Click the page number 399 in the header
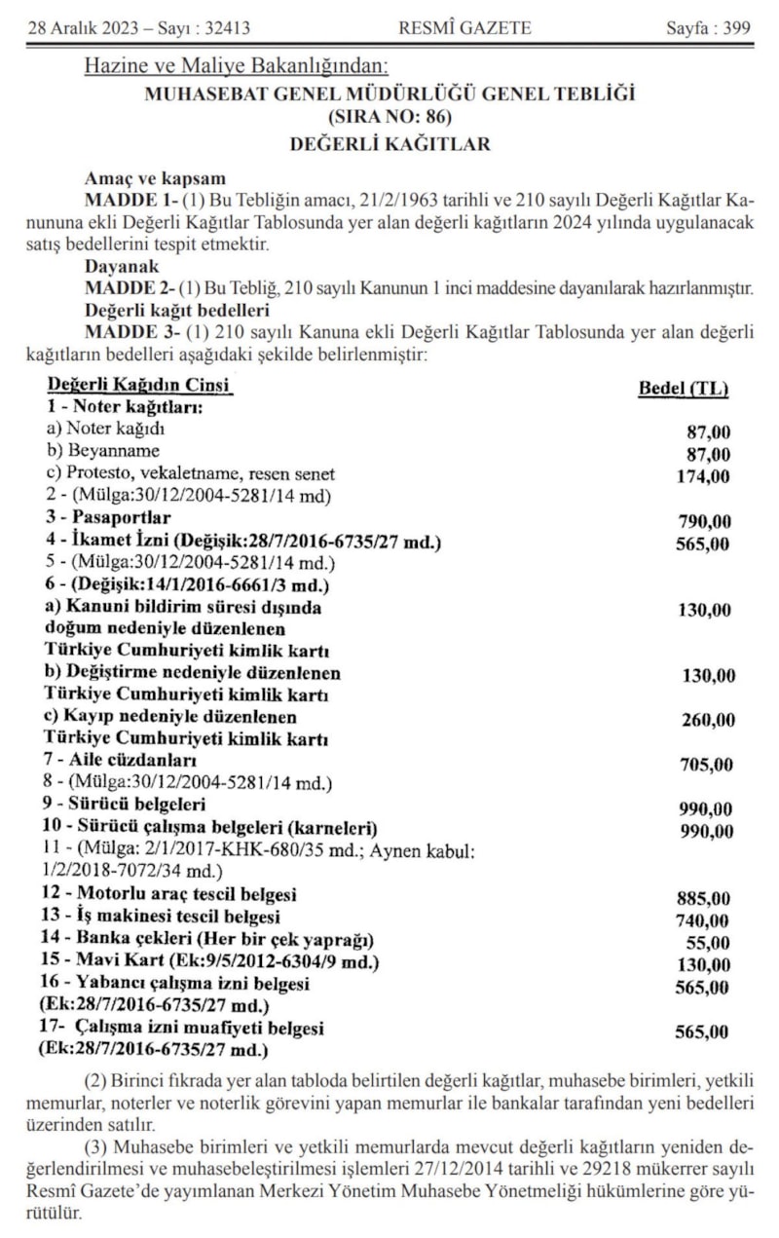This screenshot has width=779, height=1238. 737,28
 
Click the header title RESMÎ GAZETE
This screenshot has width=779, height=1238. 465,28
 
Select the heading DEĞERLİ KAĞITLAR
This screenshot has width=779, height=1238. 389,144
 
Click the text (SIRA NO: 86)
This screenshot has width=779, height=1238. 389,119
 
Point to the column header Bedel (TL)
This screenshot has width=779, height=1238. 684,389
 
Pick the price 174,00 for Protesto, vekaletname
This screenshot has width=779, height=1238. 702,476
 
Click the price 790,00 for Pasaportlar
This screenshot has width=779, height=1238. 702,521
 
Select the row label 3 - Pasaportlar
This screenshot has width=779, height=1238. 108,517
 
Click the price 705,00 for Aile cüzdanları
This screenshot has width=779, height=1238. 705,765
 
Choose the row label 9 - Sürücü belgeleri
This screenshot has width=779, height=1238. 126,806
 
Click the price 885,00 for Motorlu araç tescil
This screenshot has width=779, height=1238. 702,898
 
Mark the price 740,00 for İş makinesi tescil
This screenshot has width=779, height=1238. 702,920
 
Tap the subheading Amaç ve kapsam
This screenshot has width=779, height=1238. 155,179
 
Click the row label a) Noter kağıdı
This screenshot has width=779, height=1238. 106,430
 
